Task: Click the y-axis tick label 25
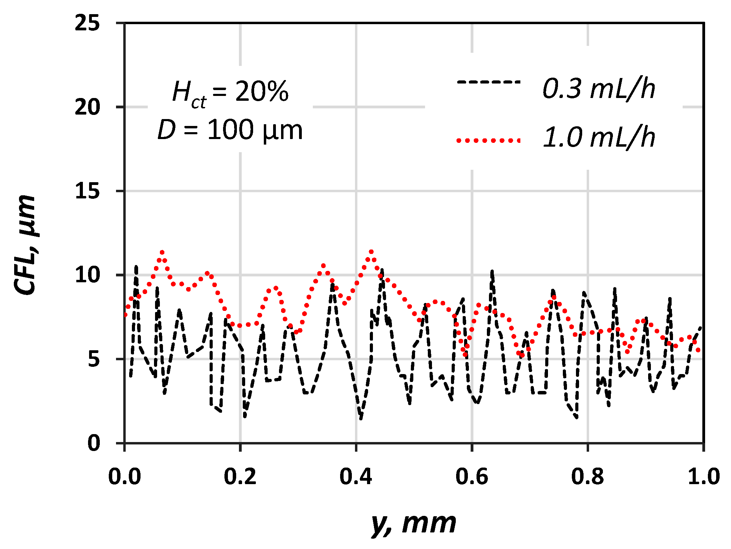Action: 87,23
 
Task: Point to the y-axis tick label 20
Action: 87,107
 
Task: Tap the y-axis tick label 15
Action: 87,191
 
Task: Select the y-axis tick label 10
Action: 87,275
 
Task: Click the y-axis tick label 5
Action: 93,359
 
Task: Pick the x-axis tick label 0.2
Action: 240,477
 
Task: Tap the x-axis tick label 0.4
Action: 356,477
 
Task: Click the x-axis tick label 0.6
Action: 472,477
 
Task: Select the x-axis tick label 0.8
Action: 587,477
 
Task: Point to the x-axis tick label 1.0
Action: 703,477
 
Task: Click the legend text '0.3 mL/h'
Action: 598,89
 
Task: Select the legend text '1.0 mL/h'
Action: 598,137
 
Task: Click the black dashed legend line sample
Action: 488,82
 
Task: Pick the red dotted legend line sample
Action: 488,140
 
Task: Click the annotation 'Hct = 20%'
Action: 230,92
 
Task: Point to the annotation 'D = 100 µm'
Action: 230,130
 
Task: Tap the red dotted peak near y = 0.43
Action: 371,252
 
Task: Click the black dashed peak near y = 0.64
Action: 492,272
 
